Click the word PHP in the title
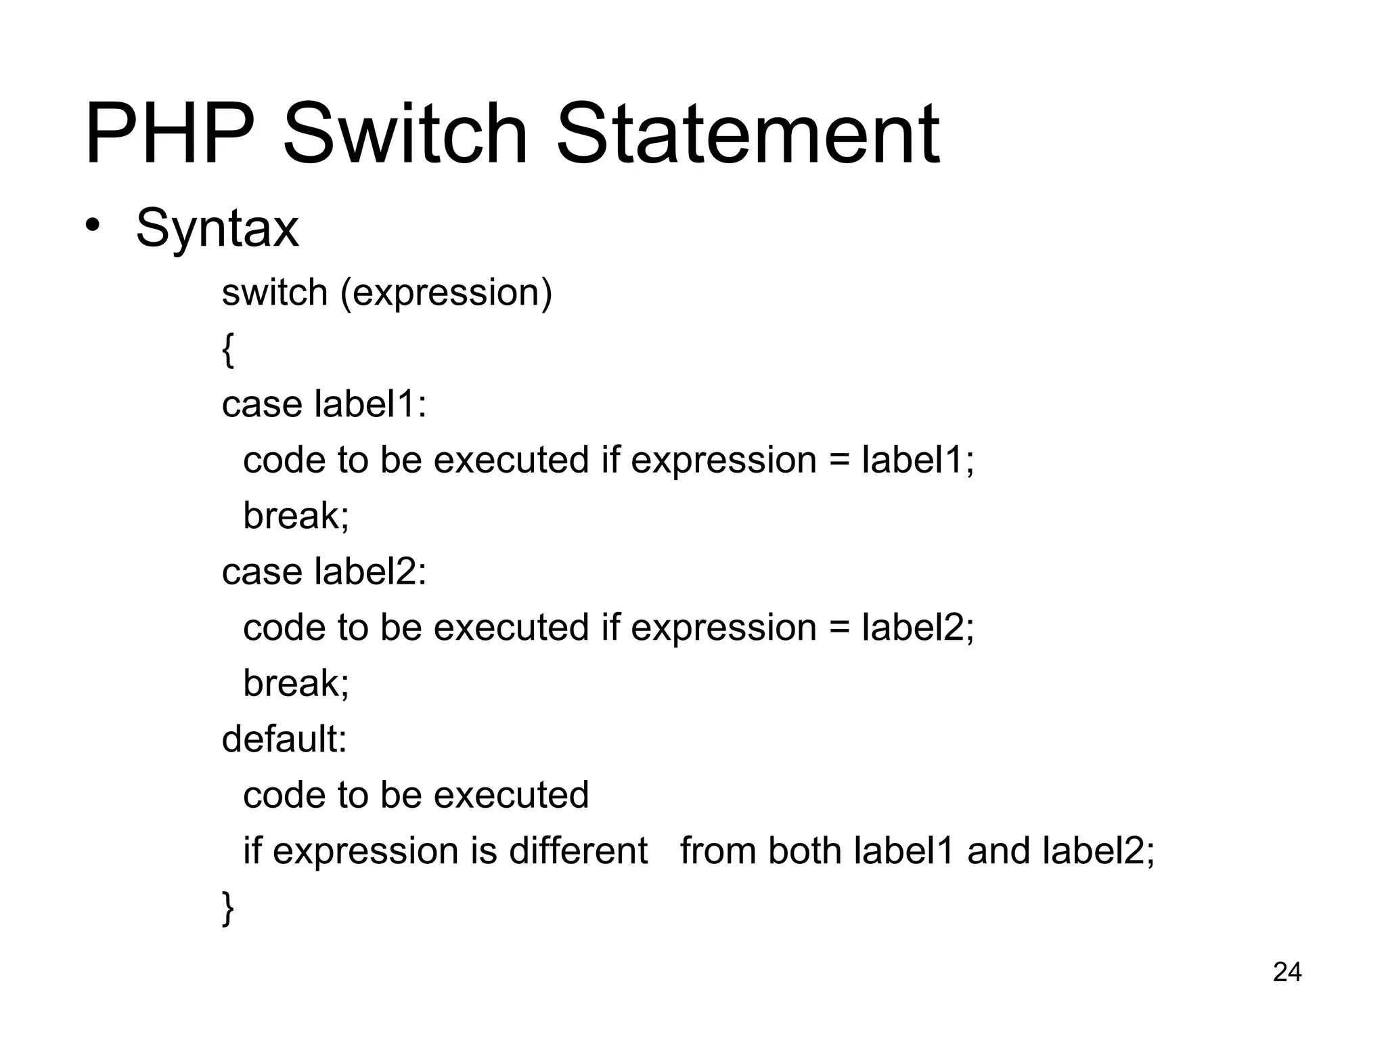(170, 133)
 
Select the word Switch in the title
(404, 133)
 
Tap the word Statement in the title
(747, 133)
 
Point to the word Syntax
(217, 229)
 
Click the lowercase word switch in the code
(275, 292)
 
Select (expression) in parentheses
(446, 294)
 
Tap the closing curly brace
(228, 907)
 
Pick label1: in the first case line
(371, 404)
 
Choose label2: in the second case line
(371, 571)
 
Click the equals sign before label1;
(839, 461)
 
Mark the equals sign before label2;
(839, 628)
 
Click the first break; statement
(296, 516)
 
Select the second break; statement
(296, 683)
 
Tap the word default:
(284, 739)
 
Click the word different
(578, 850)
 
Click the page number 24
(1287, 972)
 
